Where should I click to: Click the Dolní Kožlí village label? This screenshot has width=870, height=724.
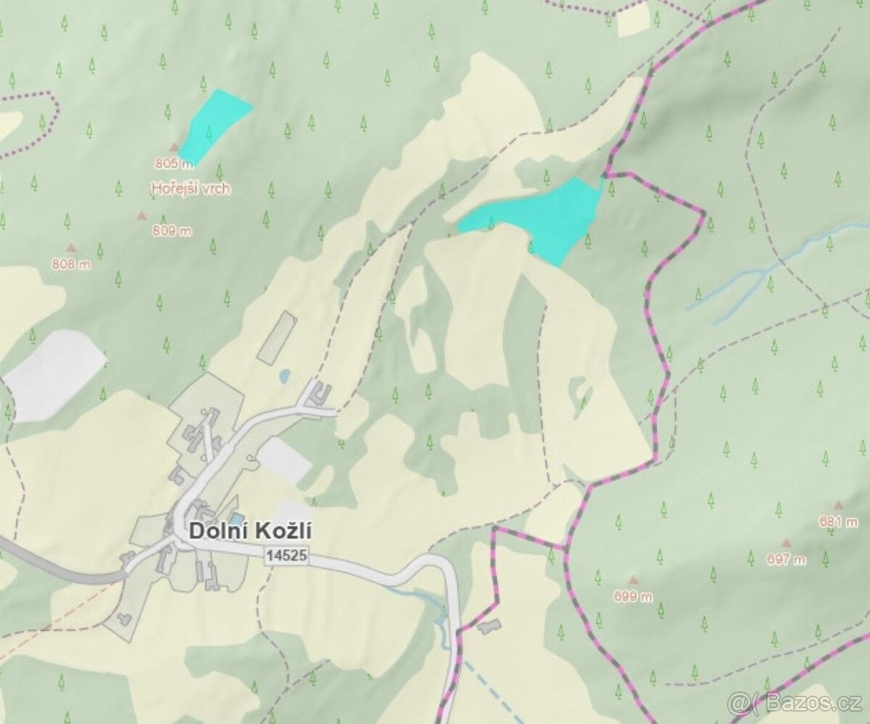click(250, 530)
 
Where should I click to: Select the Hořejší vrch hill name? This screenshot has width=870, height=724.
click(190, 189)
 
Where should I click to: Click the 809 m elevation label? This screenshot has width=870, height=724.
click(173, 231)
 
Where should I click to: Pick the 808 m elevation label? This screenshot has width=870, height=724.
click(72, 264)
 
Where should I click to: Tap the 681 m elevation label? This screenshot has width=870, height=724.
click(839, 522)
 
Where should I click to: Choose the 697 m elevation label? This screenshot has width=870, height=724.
click(786, 559)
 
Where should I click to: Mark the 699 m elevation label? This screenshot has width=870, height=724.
click(634, 596)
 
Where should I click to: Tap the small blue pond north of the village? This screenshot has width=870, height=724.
click(285, 376)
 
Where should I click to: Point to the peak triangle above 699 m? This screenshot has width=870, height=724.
click(634, 580)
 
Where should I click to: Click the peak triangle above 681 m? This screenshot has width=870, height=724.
click(839, 505)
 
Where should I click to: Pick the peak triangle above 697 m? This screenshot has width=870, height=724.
click(786, 543)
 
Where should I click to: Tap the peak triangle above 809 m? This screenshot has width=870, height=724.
click(141, 215)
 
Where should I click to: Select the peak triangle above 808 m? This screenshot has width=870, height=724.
click(71, 247)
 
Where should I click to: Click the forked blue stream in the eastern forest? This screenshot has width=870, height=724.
click(761, 276)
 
